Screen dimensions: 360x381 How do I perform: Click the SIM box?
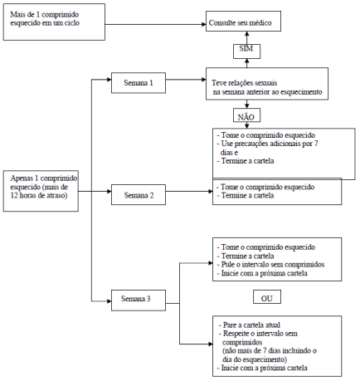[x=246, y=51]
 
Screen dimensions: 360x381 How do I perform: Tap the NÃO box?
[x=246, y=115]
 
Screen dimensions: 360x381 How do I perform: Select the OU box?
[x=267, y=296]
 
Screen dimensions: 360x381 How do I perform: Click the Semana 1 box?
[x=139, y=83]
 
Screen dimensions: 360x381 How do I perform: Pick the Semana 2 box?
[x=139, y=195]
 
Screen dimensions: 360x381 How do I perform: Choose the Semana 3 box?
[x=139, y=300]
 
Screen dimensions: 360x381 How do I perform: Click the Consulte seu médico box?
[x=243, y=22]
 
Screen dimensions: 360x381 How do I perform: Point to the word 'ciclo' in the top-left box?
[x=72, y=23]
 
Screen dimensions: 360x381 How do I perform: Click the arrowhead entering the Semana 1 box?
[x=109, y=80]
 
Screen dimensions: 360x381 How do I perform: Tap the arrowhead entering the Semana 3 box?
[x=109, y=301]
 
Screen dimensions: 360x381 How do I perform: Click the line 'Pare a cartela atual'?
[x=250, y=325]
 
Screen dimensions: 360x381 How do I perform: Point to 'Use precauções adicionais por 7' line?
[x=267, y=144]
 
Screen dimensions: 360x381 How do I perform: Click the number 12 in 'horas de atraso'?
[x=14, y=195]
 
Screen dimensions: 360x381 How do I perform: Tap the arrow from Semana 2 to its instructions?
[x=189, y=191]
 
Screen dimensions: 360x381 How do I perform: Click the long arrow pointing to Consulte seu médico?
[x=155, y=24]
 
